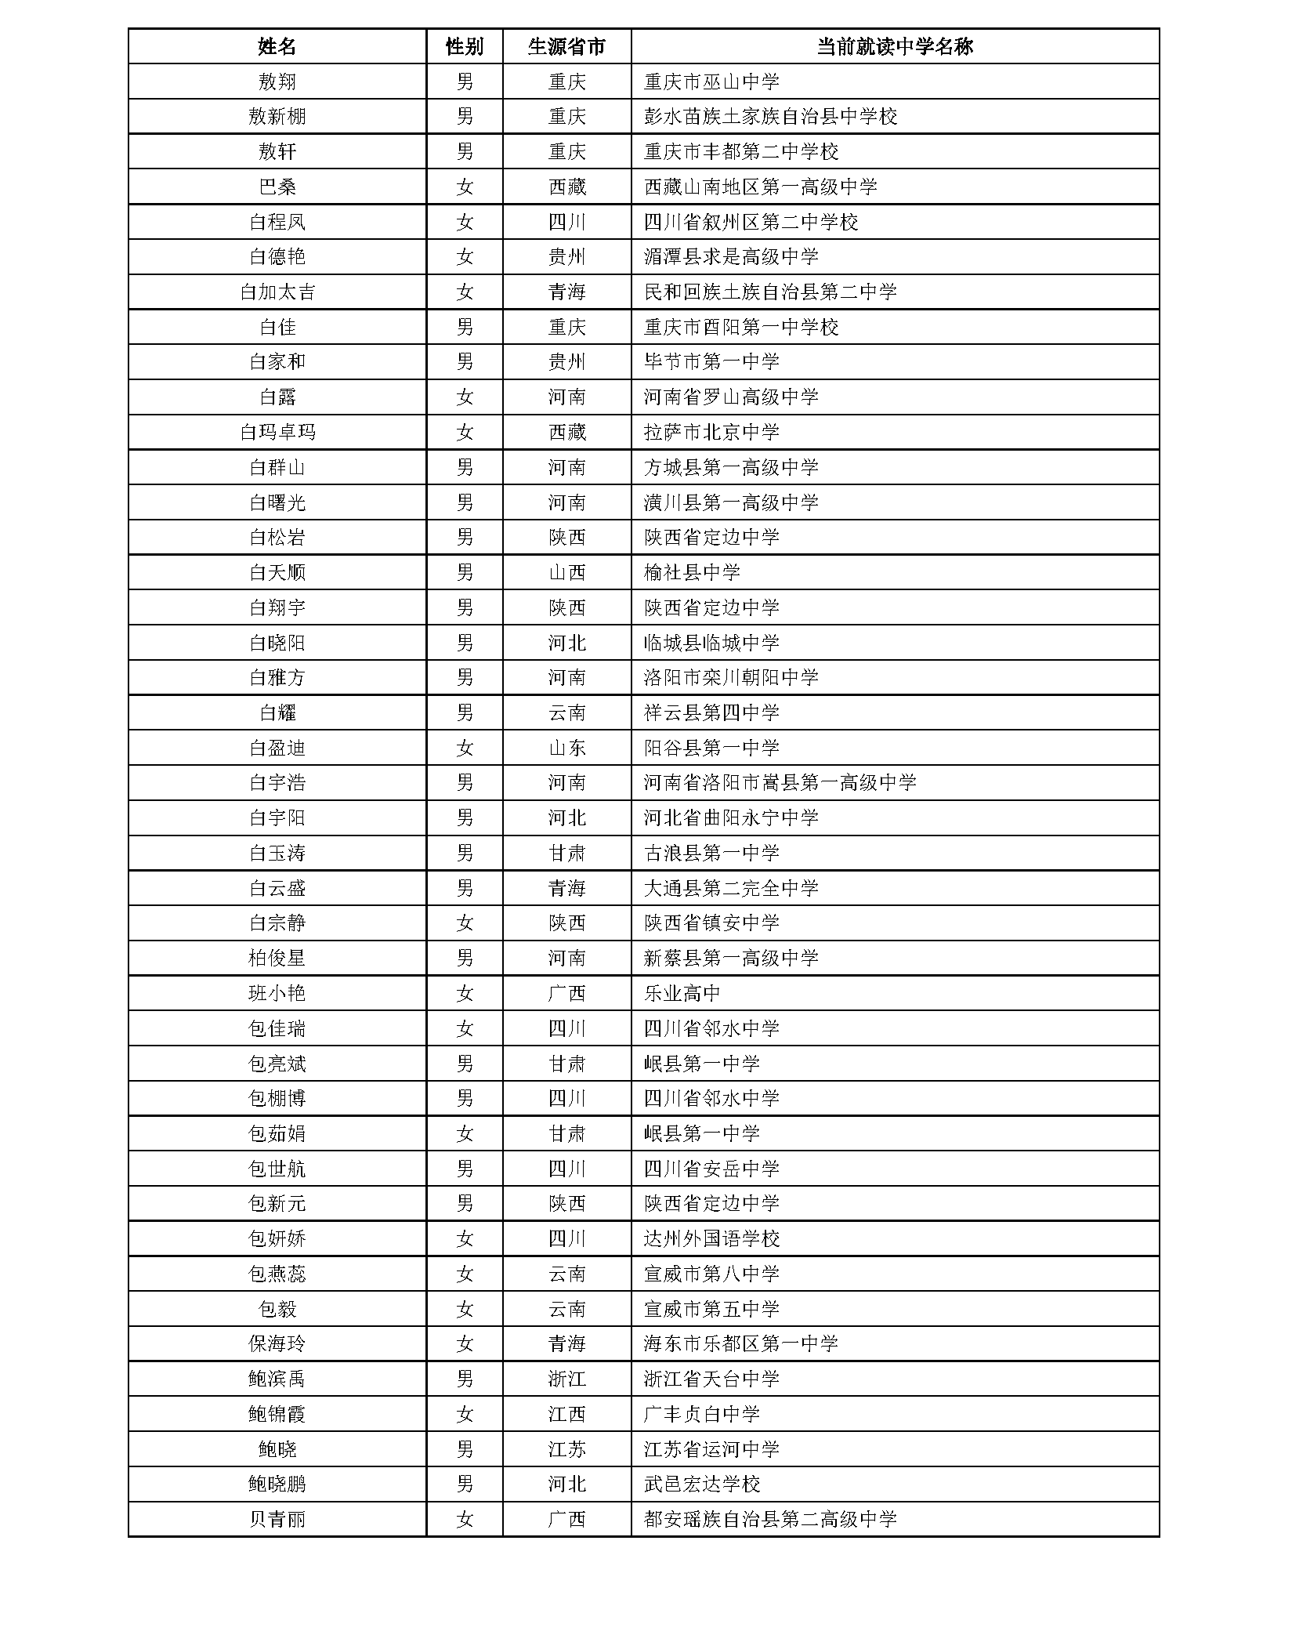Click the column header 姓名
tap(277, 46)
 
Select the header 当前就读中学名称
tap(894, 46)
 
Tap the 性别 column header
tap(464, 46)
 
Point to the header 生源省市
tap(566, 46)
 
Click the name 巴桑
tap(277, 187)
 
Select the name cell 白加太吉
tap(277, 292)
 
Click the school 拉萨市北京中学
tap(711, 432)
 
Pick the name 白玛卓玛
tap(277, 432)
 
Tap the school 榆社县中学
tap(692, 572)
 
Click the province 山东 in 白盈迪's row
tap(566, 748)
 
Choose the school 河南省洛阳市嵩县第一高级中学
tap(780, 782)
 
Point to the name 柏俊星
tap(277, 958)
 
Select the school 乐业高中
tap(682, 993)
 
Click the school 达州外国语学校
tap(711, 1238)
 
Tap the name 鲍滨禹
tap(277, 1379)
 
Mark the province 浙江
tap(566, 1379)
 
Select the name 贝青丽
tap(277, 1519)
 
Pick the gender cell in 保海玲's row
tap(464, 1343)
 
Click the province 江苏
tap(566, 1449)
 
